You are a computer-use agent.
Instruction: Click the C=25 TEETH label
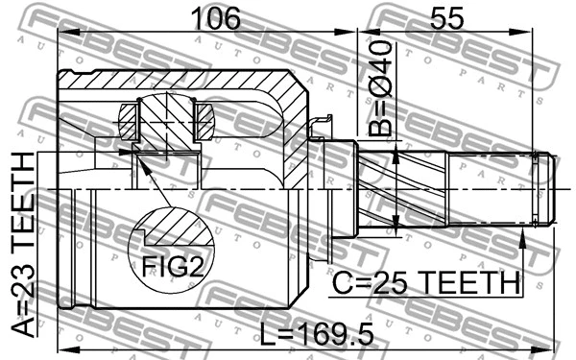[x=425, y=282]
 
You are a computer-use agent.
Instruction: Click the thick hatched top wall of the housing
[x=192, y=83]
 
